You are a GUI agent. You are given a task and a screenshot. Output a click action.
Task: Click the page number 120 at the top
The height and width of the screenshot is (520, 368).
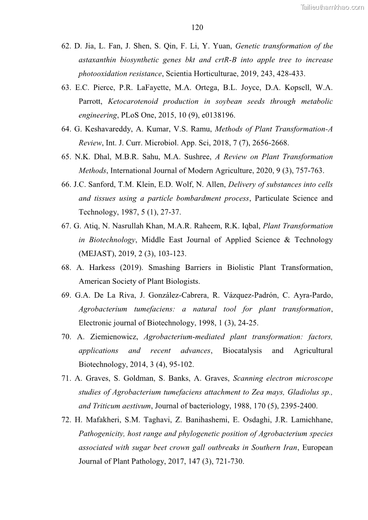pos(197,28)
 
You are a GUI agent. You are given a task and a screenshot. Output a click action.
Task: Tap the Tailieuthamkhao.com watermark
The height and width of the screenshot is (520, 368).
pos(332,7)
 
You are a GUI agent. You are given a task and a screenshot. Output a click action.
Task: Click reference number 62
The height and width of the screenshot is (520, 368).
pos(66,46)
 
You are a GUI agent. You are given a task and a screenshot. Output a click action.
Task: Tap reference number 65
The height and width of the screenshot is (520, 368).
pos(66,157)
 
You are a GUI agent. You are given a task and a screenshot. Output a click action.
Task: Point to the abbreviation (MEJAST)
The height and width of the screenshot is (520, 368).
pos(98,254)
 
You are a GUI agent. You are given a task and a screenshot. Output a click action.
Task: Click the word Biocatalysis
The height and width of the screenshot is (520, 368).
pos(242,351)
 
